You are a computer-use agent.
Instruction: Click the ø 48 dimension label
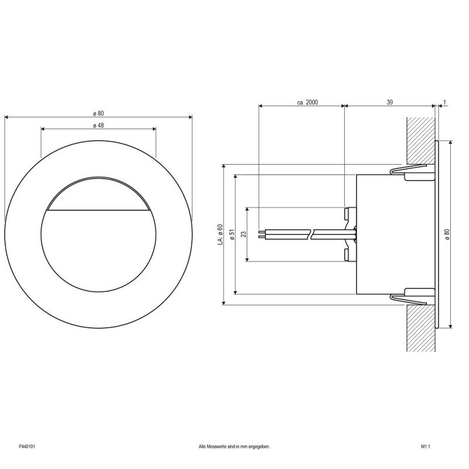tap(98, 125)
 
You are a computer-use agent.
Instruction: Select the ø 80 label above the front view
tap(98, 114)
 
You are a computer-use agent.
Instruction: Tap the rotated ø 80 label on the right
tap(447, 234)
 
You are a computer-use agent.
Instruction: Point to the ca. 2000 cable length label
tap(307, 102)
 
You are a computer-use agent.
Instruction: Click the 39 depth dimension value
tap(389, 102)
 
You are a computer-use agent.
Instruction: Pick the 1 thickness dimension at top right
tap(444, 102)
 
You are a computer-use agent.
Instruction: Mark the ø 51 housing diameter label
tap(232, 234)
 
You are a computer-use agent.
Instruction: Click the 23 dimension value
tap(244, 234)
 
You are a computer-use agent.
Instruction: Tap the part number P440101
tap(27, 447)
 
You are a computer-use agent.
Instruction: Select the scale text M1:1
tap(426, 447)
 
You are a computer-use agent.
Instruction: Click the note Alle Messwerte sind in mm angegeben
tap(234, 447)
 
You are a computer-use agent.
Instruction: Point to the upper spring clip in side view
tap(409, 169)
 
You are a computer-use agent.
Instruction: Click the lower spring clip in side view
tap(409, 299)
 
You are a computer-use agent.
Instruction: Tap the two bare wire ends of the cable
tap(261, 234)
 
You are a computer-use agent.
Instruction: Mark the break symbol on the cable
tap(311, 234)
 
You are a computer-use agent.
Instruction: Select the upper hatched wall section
tap(421, 141)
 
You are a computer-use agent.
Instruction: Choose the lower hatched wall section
tap(421, 328)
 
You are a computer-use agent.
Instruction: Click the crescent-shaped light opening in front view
tap(98, 194)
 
